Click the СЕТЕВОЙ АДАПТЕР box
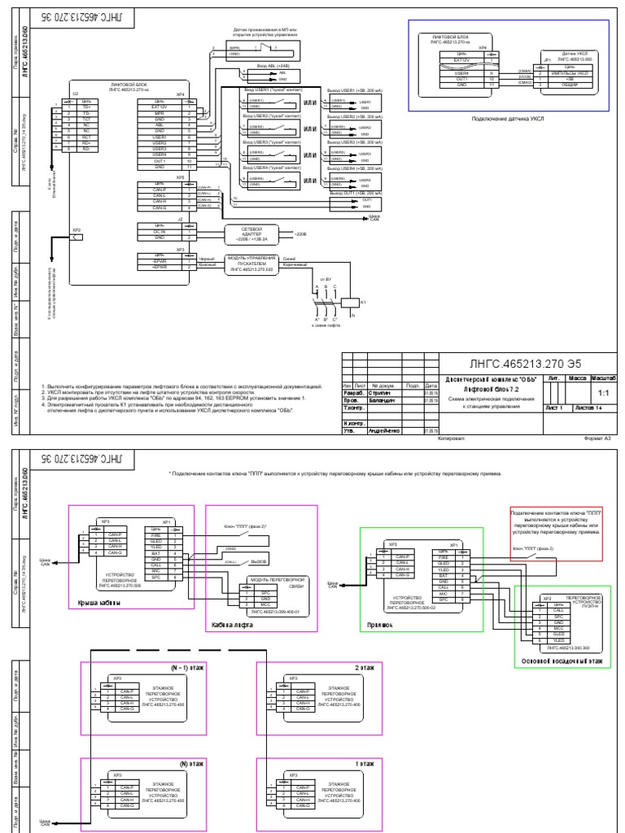[x=251, y=233]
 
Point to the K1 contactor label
[x=364, y=302]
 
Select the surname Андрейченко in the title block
[x=386, y=430]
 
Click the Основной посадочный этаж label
[x=562, y=662]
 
